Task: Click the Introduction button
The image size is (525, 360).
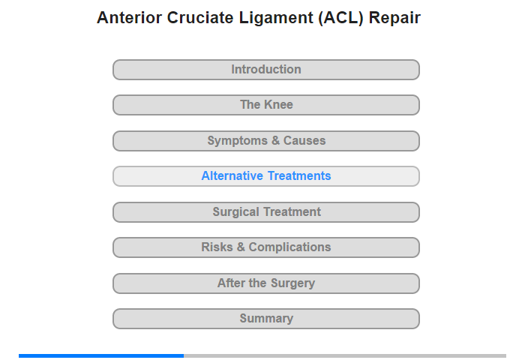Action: [x=266, y=70]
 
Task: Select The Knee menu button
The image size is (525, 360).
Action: [x=266, y=105]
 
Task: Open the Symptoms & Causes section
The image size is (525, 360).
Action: [x=266, y=141]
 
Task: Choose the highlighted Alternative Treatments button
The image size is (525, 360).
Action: [x=266, y=176]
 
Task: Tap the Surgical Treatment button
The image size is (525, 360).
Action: [x=266, y=212]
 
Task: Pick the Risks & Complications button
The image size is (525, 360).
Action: [x=266, y=247]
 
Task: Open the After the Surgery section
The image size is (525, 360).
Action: [x=266, y=283]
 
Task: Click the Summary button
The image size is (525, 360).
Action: [x=266, y=319]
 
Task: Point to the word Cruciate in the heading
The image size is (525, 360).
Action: [x=200, y=18]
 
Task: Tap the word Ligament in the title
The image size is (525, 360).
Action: [x=276, y=19]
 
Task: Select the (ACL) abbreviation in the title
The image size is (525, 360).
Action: [x=340, y=19]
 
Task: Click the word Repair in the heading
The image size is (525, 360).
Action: [x=394, y=19]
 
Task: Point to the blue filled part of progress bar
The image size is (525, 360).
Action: [x=101, y=355]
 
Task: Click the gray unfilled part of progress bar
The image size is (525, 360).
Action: [x=345, y=355]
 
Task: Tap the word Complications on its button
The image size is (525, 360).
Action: [x=289, y=247]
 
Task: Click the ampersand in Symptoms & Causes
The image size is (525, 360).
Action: [x=275, y=140]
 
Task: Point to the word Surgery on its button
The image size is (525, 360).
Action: [x=293, y=283]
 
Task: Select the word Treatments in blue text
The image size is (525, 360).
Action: [x=299, y=175]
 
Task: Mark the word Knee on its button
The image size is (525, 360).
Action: [x=278, y=105]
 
